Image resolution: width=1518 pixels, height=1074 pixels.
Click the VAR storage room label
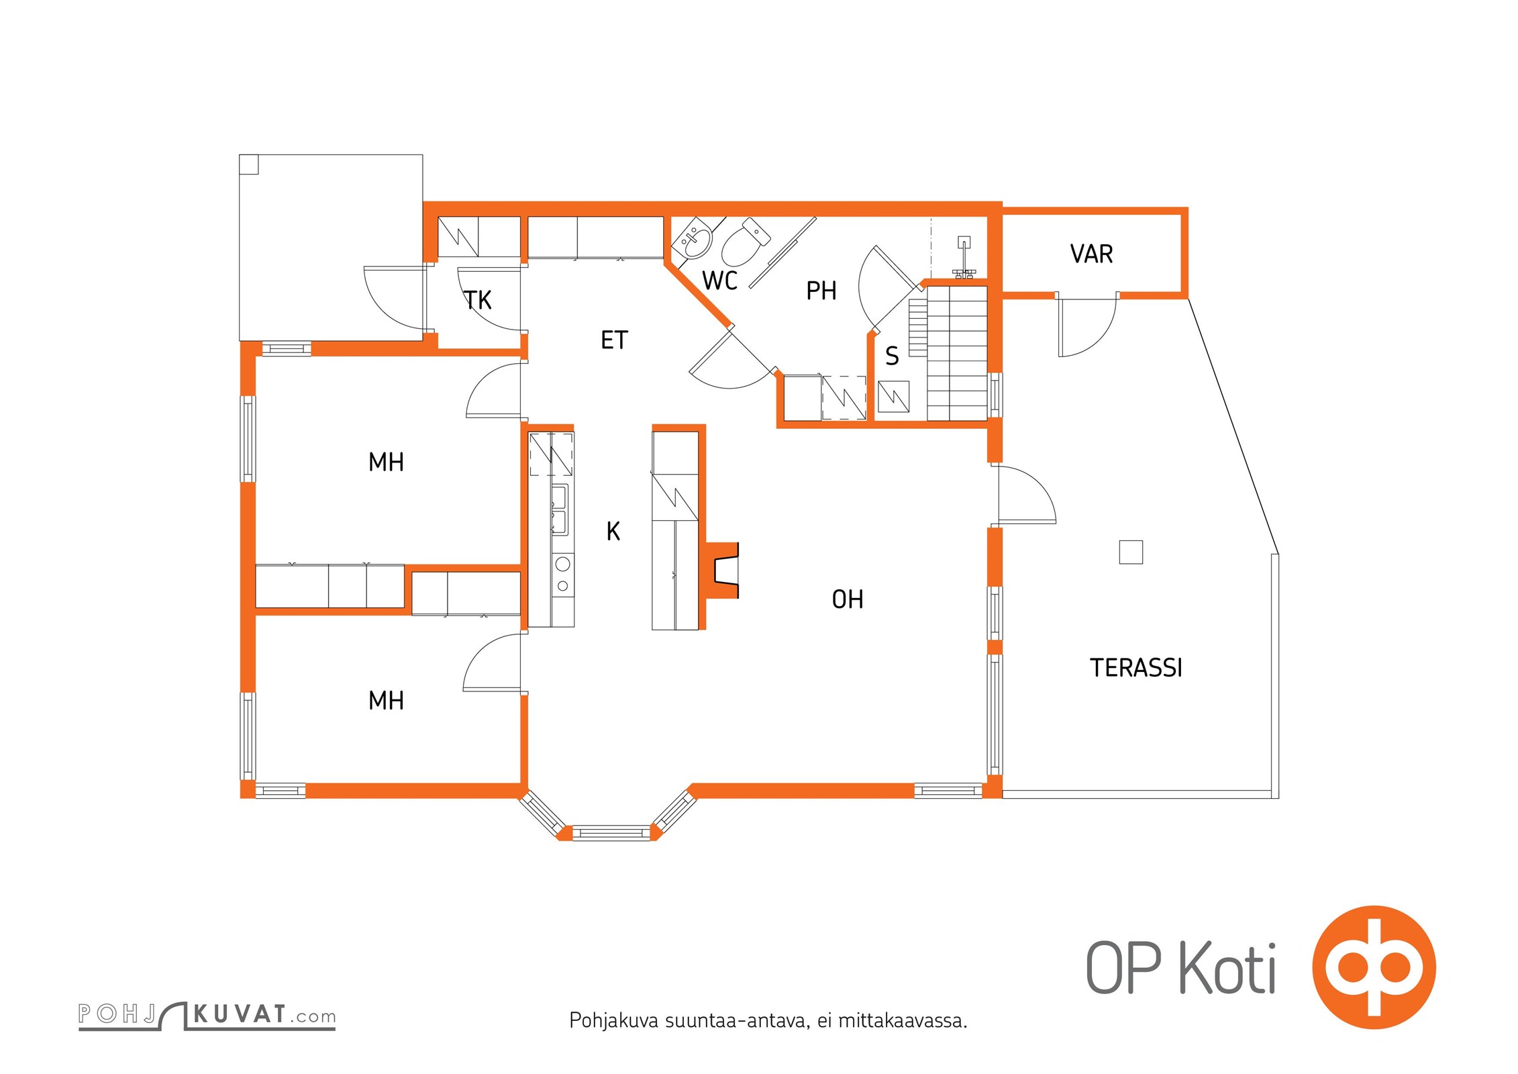1091,254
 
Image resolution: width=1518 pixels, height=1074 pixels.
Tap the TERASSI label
1135,667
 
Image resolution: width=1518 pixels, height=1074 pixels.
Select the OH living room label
848,599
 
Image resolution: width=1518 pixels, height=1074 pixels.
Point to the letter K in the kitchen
613,531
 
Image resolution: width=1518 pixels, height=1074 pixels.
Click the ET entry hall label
614,340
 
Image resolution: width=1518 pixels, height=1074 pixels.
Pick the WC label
719,280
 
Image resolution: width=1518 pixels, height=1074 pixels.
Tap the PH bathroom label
821,291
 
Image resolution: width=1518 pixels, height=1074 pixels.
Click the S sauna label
892,356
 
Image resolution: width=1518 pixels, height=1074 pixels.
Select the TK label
478,300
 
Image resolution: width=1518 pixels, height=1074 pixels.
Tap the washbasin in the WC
693,238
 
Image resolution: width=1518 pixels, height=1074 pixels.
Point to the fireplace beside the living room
721,570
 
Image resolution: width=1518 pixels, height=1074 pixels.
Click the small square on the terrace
1131,552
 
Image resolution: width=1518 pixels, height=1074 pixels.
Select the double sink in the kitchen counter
559,509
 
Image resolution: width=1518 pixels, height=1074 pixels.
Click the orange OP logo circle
1374,967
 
